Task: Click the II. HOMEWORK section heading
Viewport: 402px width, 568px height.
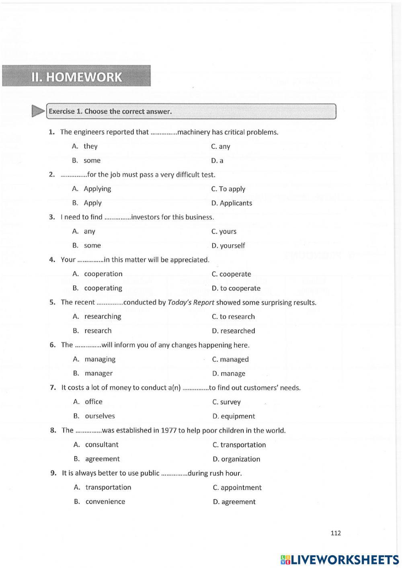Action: click(76, 76)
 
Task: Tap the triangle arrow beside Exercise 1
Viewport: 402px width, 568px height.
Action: click(38, 111)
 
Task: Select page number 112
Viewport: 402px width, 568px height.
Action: click(335, 533)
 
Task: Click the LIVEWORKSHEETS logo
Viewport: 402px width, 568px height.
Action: click(340, 560)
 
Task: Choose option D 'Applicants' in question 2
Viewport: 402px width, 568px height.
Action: click(236, 203)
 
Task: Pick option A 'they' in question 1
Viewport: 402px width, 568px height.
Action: click(90, 146)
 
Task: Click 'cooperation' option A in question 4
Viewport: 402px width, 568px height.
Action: click(103, 274)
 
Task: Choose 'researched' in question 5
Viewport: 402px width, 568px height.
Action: click(237, 331)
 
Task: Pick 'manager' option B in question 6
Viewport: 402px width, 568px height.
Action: click(98, 373)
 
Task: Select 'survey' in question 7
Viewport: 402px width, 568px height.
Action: click(230, 402)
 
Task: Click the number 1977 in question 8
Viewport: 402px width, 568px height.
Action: click(168, 431)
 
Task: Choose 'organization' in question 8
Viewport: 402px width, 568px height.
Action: click(240, 459)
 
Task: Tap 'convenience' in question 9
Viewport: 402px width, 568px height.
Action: click(105, 501)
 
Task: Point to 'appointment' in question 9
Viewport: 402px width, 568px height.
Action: click(241, 488)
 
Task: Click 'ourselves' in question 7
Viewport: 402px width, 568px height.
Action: click(100, 416)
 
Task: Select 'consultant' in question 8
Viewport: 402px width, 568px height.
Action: click(102, 445)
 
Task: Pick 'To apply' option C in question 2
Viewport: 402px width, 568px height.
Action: click(232, 189)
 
